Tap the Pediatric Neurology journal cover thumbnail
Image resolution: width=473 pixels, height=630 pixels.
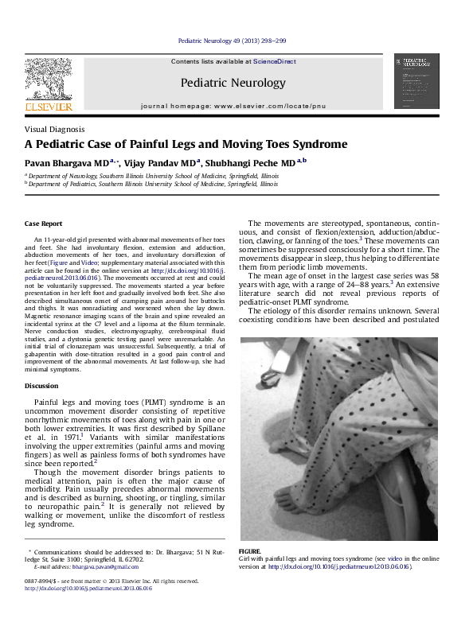click(x=416, y=81)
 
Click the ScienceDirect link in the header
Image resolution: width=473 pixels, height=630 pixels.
click(x=275, y=61)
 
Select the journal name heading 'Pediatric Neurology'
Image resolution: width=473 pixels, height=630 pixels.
click(x=233, y=83)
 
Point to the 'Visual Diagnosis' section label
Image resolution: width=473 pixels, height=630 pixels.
click(x=54, y=129)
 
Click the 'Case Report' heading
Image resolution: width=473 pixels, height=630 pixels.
click(x=43, y=224)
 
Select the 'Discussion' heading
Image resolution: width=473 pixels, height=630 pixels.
click(x=41, y=386)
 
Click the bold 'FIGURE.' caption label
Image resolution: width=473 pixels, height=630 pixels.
click(x=250, y=550)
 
